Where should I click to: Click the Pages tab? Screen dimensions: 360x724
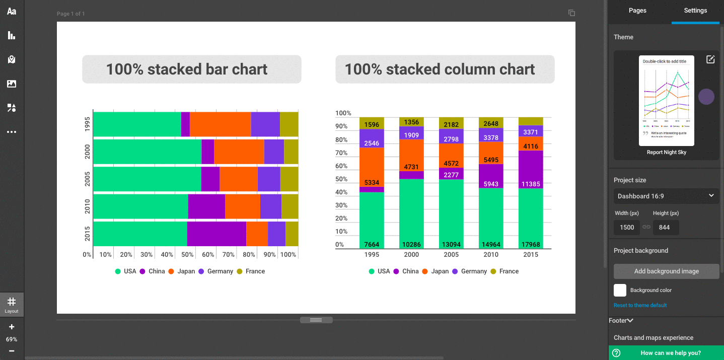[637, 11]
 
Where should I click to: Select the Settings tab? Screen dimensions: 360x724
[695, 11]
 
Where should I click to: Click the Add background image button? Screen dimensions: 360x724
[666, 271]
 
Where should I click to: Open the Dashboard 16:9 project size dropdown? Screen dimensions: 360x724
[666, 196]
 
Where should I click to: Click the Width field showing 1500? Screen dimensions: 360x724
[627, 228]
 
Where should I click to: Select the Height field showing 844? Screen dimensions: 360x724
[665, 228]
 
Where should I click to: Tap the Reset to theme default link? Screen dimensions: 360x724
[640, 305]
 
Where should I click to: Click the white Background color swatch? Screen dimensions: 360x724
[620, 290]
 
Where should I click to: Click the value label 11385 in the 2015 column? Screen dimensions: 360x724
[531, 184]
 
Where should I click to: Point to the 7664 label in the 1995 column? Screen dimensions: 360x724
[372, 245]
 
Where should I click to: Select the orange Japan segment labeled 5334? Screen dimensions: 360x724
[372, 182]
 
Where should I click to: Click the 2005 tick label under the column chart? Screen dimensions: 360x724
[451, 255]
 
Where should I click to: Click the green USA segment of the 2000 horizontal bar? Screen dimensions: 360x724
[147, 152]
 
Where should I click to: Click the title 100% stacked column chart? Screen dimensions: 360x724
[440, 69]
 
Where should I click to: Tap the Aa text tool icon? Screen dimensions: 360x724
[12, 11]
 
